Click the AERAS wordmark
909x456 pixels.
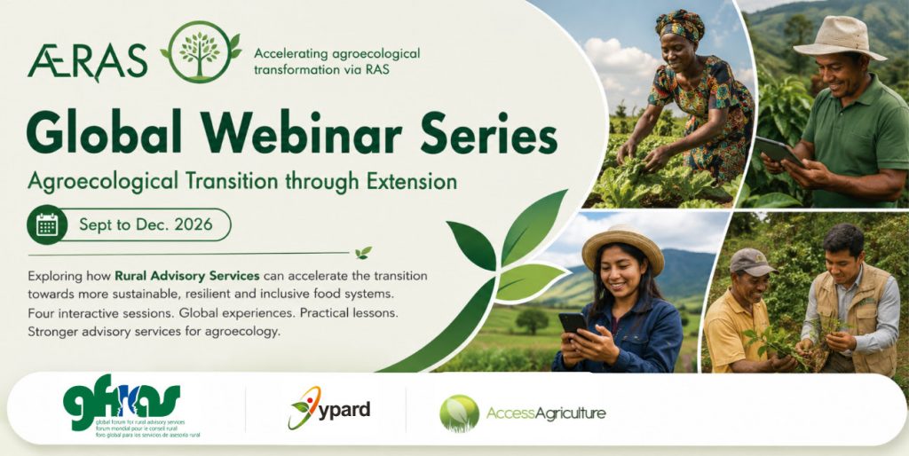(x=87, y=62)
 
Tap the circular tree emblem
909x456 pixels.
(x=200, y=52)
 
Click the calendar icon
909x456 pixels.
(x=47, y=224)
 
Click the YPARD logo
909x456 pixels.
(x=328, y=408)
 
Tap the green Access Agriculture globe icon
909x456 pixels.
(x=460, y=413)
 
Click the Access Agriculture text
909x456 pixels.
(x=546, y=413)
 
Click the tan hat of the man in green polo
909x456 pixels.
(x=840, y=37)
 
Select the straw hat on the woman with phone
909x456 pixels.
(x=623, y=248)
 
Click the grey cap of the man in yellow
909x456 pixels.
(x=751, y=262)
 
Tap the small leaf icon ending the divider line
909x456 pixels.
(x=363, y=253)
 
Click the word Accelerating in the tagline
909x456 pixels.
(x=290, y=54)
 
